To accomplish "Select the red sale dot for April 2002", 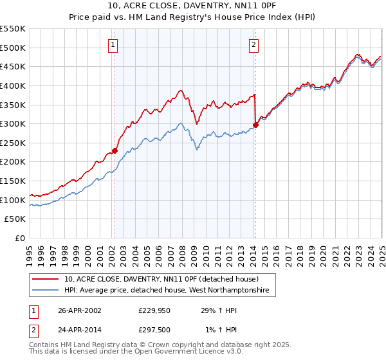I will coord(115,150).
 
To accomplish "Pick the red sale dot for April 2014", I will coord(255,125).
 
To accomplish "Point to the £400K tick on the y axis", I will coord(13,85).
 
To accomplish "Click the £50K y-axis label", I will coord(15,219).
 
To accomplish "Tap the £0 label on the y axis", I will coord(20,239).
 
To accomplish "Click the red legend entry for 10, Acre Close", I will coord(161,279).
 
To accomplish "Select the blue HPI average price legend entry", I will coord(170,291).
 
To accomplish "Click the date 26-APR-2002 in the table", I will coord(80,310).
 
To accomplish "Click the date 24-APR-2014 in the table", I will coord(80,330).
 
